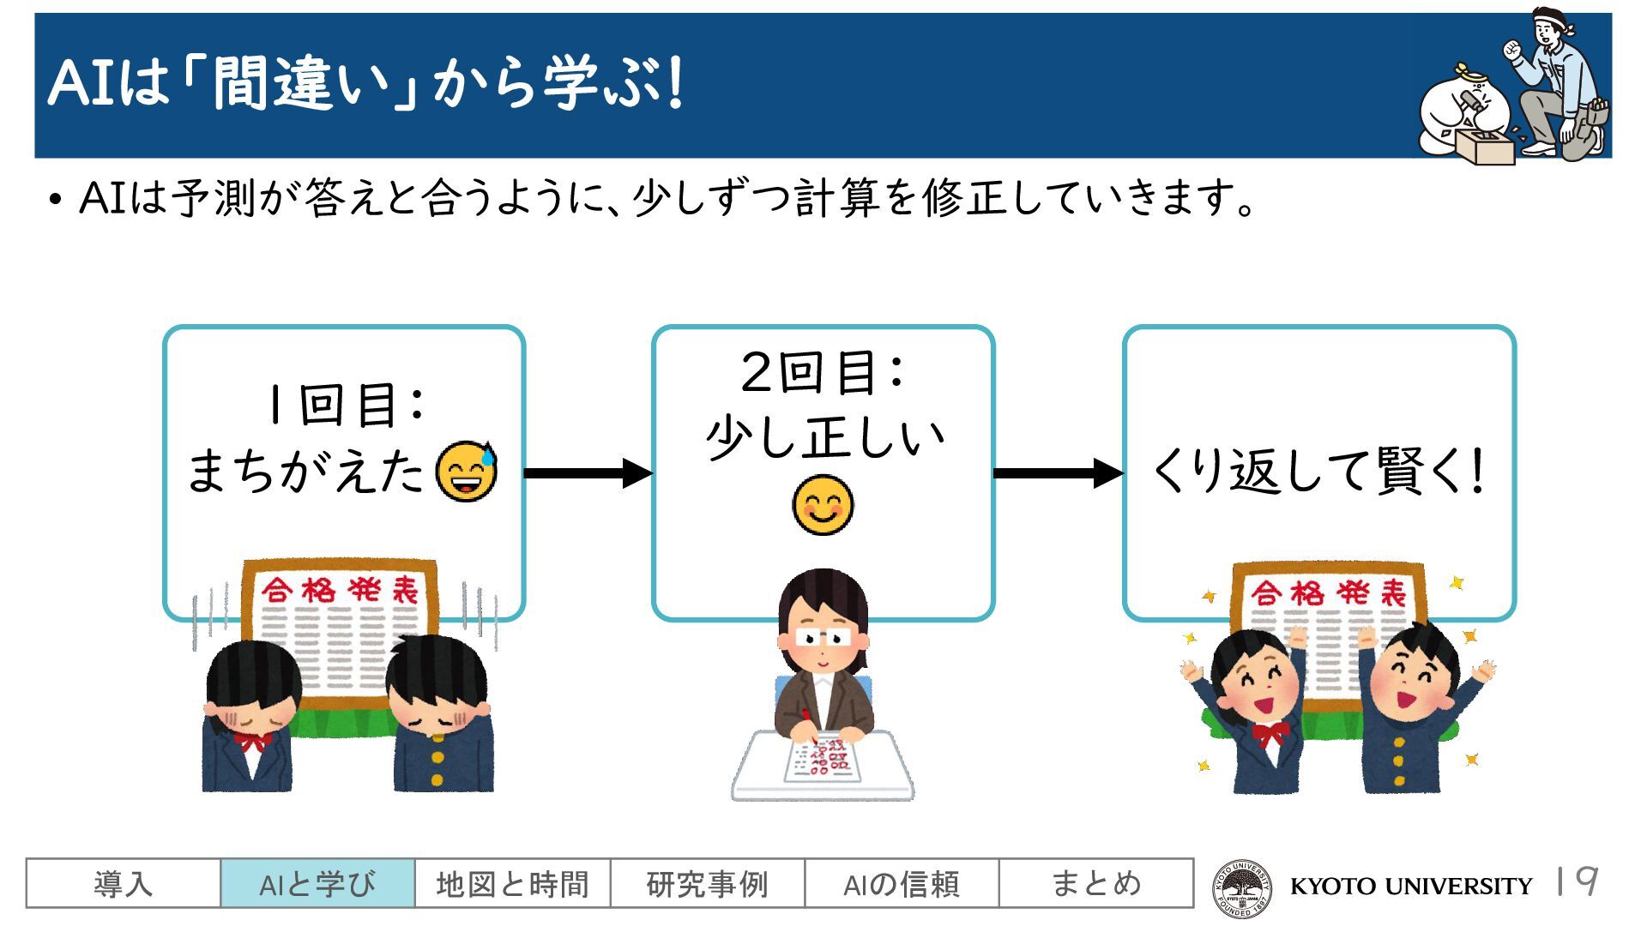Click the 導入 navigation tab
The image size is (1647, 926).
click(x=123, y=883)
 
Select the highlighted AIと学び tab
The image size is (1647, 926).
click(x=317, y=883)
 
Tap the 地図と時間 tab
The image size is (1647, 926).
click(x=512, y=883)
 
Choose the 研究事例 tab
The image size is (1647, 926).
click(x=707, y=883)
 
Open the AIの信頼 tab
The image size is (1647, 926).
click(x=902, y=883)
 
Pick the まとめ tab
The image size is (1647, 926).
click(x=1095, y=883)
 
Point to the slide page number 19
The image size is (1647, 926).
click(x=1577, y=881)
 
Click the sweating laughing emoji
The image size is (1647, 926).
click(x=467, y=472)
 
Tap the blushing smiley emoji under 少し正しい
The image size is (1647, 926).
click(x=823, y=505)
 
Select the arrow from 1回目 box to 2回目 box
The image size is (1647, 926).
click(x=588, y=472)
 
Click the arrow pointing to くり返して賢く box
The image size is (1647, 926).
click(x=1058, y=472)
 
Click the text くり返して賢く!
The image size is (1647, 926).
click(x=1318, y=472)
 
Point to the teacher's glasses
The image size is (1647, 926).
click(x=823, y=637)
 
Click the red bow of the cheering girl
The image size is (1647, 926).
click(x=1270, y=733)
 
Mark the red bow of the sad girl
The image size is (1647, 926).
click(x=252, y=741)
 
